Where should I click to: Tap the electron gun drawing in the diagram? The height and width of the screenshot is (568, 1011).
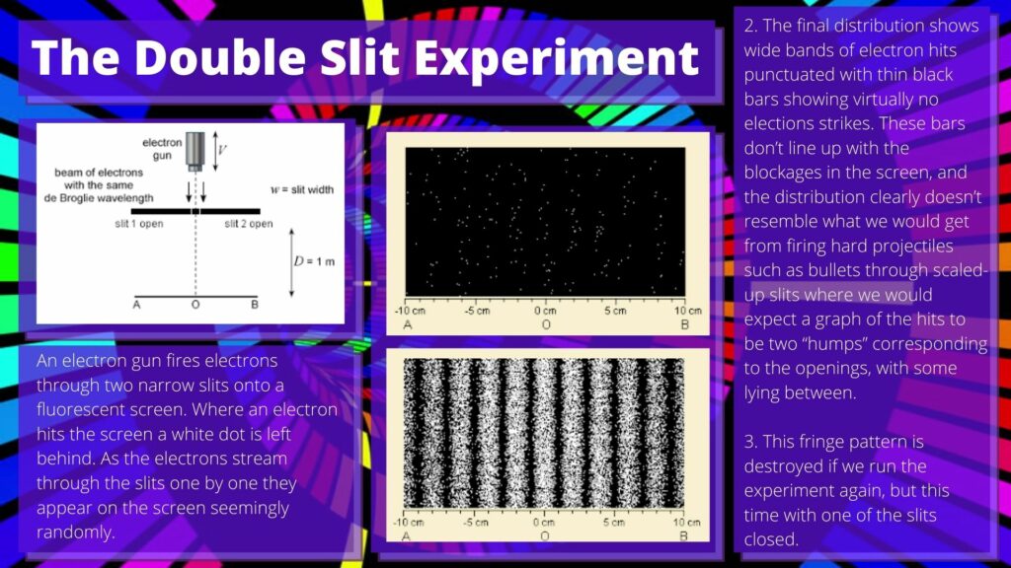point(195,151)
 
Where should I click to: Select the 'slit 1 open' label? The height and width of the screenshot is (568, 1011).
point(138,224)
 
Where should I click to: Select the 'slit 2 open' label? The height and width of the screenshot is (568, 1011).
point(249,224)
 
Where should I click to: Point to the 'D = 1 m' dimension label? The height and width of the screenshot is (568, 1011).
point(314,261)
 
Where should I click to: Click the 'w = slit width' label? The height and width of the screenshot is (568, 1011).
point(302,189)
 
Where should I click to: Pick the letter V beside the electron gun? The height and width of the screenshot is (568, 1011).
point(222,150)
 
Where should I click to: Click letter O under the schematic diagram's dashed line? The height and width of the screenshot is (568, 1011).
point(195,305)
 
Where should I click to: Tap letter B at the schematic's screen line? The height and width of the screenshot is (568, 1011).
point(255,305)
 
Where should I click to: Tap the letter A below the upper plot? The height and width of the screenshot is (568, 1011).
point(408,325)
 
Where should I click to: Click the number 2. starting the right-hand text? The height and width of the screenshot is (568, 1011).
point(750,26)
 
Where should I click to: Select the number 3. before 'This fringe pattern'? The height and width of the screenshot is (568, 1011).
point(750,442)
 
